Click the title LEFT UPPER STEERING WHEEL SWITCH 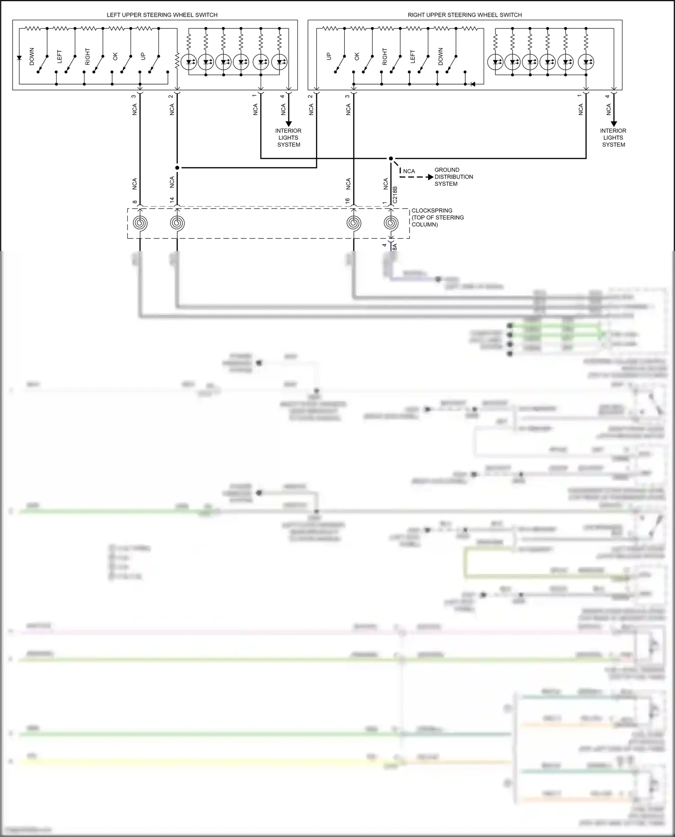tap(162, 15)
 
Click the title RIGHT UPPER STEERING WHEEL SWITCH tap(464, 15)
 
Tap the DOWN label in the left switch tap(31, 57)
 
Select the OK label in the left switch tap(115, 57)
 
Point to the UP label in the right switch tap(329, 57)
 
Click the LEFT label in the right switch tap(413, 57)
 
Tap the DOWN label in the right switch tap(441, 57)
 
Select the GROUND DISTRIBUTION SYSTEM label tap(453, 177)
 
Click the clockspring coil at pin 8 tap(140, 223)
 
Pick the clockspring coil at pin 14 tap(177, 223)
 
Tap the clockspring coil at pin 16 tap(354, 223)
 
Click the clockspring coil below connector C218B tap(391, 223)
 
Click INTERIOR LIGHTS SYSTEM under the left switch tap(288, 138)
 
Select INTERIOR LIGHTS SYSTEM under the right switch tap(613, 138)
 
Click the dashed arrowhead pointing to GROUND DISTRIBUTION tap(430, 177)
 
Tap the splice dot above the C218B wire tap(391, 158)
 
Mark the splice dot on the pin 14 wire tap(177, 168)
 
